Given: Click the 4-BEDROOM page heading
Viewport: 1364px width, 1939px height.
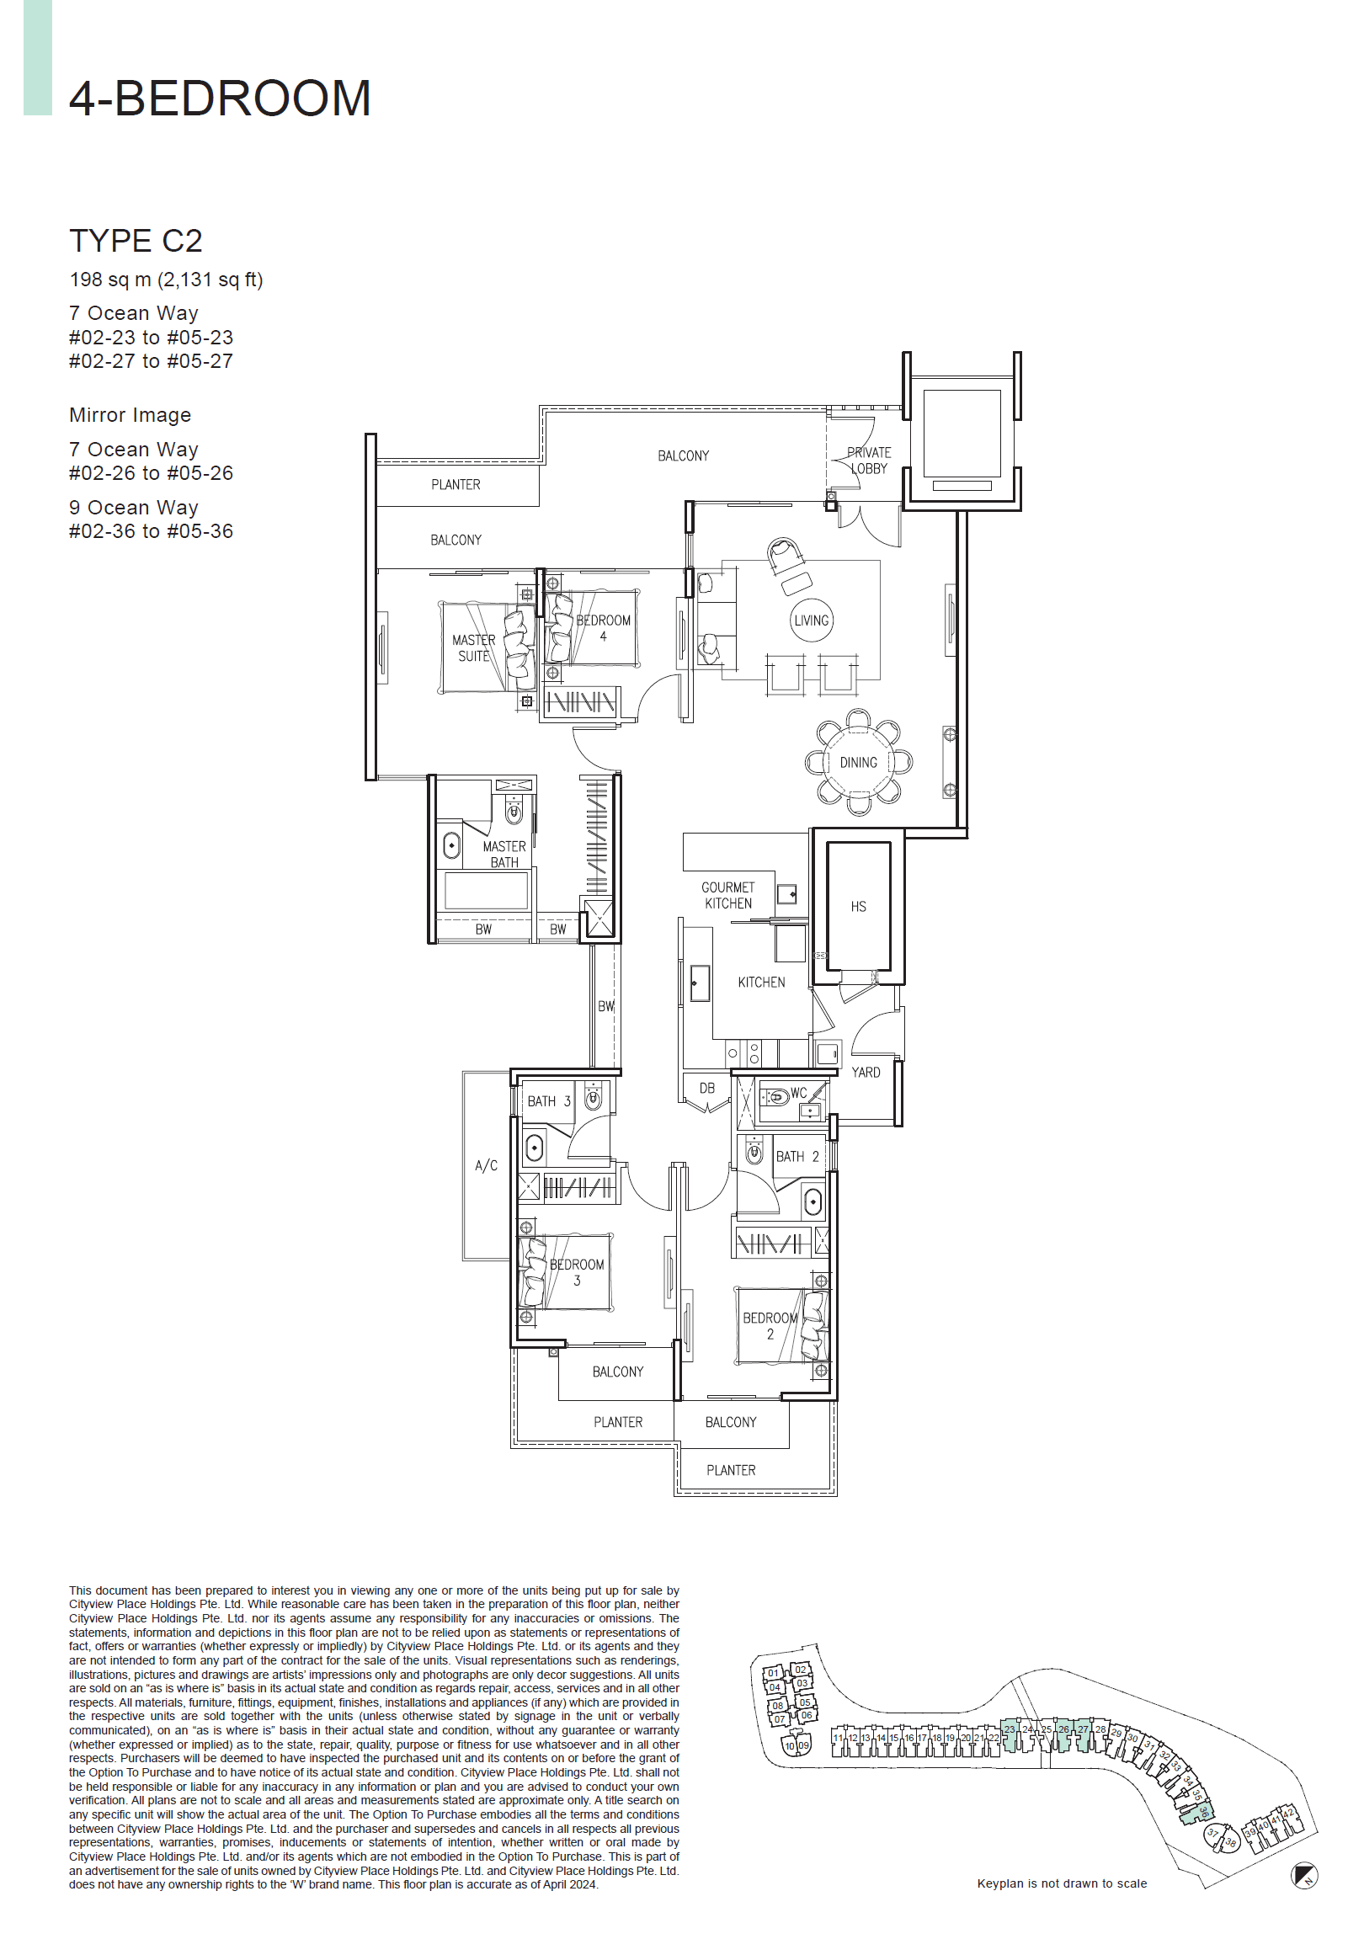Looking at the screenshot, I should [x=220, y=99].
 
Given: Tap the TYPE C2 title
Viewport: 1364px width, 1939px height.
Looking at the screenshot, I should [x=135, y=242].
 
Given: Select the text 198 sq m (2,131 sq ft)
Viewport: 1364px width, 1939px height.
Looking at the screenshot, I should [x=166, y=280].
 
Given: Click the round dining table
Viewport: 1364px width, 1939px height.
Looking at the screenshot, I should [x=858, y=762].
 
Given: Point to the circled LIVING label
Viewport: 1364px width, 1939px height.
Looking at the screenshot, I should [x=811, y=621].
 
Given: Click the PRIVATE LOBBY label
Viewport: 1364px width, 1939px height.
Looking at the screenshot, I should [x=868, y=461].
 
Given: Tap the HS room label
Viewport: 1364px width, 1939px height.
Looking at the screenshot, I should [x=858, y=906].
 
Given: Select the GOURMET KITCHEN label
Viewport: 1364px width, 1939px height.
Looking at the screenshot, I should [x=727, y=895].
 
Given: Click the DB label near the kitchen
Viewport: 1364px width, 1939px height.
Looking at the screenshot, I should [x=707, y=1089].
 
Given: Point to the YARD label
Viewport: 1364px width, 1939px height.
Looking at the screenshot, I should [x=866, y=1073].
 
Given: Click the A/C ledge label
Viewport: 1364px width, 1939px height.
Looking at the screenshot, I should [x=486, y=1166].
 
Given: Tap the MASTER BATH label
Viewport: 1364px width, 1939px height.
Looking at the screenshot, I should [x=504, y=854].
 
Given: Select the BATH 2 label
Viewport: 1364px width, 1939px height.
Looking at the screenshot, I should [x=797, y=1157].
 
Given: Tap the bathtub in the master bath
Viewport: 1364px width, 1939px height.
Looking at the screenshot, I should [x=486, y=890].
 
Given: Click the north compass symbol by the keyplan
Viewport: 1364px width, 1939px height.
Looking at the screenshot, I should [x=1304, y=1877].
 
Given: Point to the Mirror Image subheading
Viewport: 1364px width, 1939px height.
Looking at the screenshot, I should [x=130, y=416].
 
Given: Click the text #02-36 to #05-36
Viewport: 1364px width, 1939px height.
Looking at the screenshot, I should [x=152, y=531].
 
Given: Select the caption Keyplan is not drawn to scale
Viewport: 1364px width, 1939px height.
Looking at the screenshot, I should [x=1062, y=1883].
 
